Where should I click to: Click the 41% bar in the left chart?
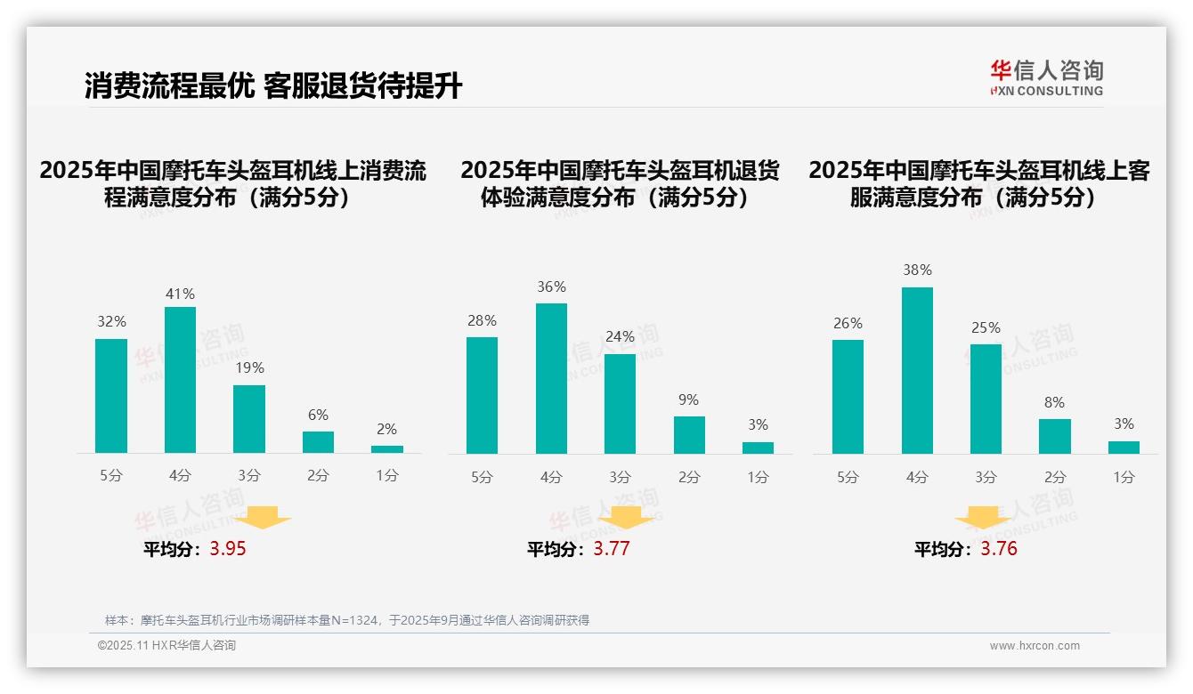(180, 380)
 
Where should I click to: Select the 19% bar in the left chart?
(249, 419)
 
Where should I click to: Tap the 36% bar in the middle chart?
(551, 378)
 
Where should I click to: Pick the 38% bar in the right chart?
(917, 370)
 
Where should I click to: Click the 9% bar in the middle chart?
(689, 435)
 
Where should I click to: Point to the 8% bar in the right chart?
(1054, 436)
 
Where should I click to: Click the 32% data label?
(111, 322)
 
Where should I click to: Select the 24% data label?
(620, 337)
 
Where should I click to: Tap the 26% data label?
(848, 324)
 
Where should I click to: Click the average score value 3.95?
(228, 549)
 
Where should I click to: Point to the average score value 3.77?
(612, 549)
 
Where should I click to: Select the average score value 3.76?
(999, 549)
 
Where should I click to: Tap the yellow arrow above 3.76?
(983, 517)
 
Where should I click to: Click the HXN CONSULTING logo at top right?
(1046, 78)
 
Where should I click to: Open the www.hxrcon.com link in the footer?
(1035, 646)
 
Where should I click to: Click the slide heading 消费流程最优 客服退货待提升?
(273, 85)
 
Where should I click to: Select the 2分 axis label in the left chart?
(318, 476)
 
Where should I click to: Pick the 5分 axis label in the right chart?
(848, 478)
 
